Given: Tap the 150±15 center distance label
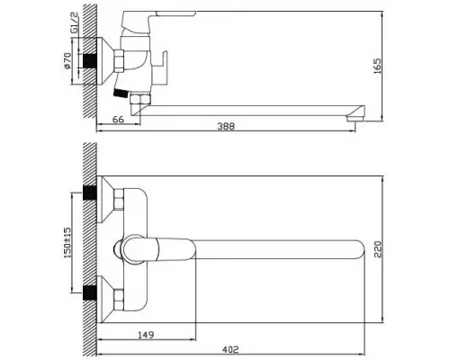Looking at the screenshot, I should (x=67, y=241).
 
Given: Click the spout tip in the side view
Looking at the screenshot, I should (x=356, y=113).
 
